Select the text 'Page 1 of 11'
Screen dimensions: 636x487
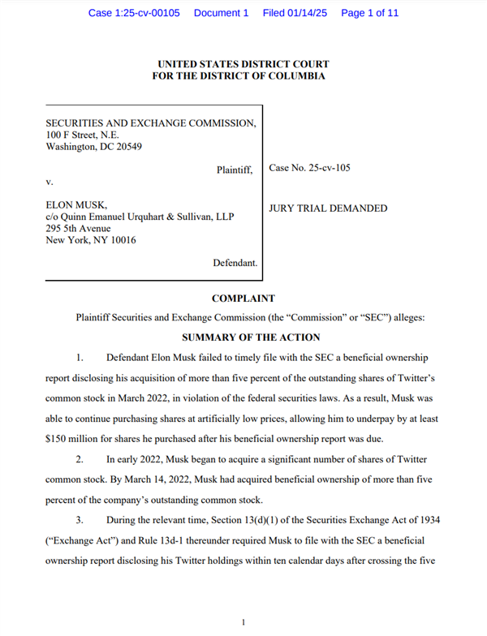pos(370,13)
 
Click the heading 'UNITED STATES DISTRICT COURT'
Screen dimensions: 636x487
pos(243,64)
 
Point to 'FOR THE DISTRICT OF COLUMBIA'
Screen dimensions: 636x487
pos(243,76)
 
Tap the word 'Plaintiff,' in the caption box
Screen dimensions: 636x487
pos(235,170)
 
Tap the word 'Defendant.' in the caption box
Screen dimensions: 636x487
pos(235,264)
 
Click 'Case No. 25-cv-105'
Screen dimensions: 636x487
pos(309,169)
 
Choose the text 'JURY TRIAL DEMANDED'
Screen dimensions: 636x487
pos(328,208)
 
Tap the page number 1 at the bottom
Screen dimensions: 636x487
pos(243,621)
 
